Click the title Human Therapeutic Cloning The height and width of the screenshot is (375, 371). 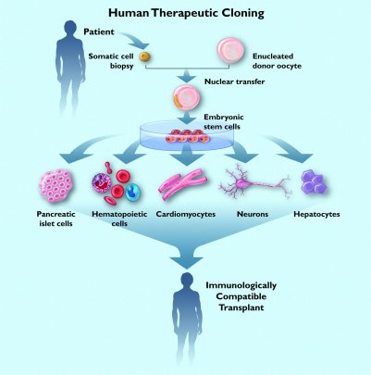[186, 13]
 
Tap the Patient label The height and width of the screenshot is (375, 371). [99, 31]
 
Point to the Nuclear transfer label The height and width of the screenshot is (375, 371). [235, 81]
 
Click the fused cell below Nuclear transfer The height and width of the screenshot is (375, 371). [187, 99]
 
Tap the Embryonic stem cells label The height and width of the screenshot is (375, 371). [224, 121]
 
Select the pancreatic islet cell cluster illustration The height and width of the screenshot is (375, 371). [56, 185]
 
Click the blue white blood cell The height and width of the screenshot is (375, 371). [133, 192]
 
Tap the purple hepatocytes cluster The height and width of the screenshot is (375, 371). [313, 182]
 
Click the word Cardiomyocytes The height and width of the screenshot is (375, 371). [186, 214]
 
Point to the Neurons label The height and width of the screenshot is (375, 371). [253, 214]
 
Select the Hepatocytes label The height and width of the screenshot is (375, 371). [316, 214]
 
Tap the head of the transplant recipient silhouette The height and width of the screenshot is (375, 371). [187, 280]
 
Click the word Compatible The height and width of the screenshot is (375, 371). [241, 296]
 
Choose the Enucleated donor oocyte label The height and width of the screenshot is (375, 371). [277, 61]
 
